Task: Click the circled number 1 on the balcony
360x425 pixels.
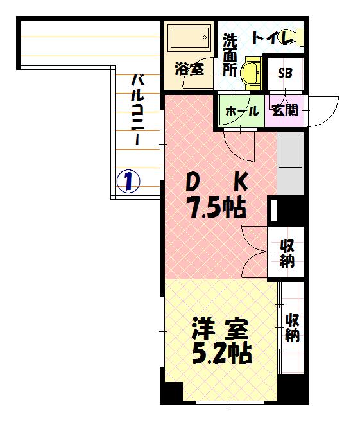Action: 128,181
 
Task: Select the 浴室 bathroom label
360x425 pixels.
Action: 189,69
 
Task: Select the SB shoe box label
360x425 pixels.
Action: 285,72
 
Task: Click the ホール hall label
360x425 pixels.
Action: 241,110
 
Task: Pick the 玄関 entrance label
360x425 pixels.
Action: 285,110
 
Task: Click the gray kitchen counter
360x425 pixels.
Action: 290,164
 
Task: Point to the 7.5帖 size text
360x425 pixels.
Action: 216,207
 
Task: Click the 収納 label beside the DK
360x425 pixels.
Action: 286,253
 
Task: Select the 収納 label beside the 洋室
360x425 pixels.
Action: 292,327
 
